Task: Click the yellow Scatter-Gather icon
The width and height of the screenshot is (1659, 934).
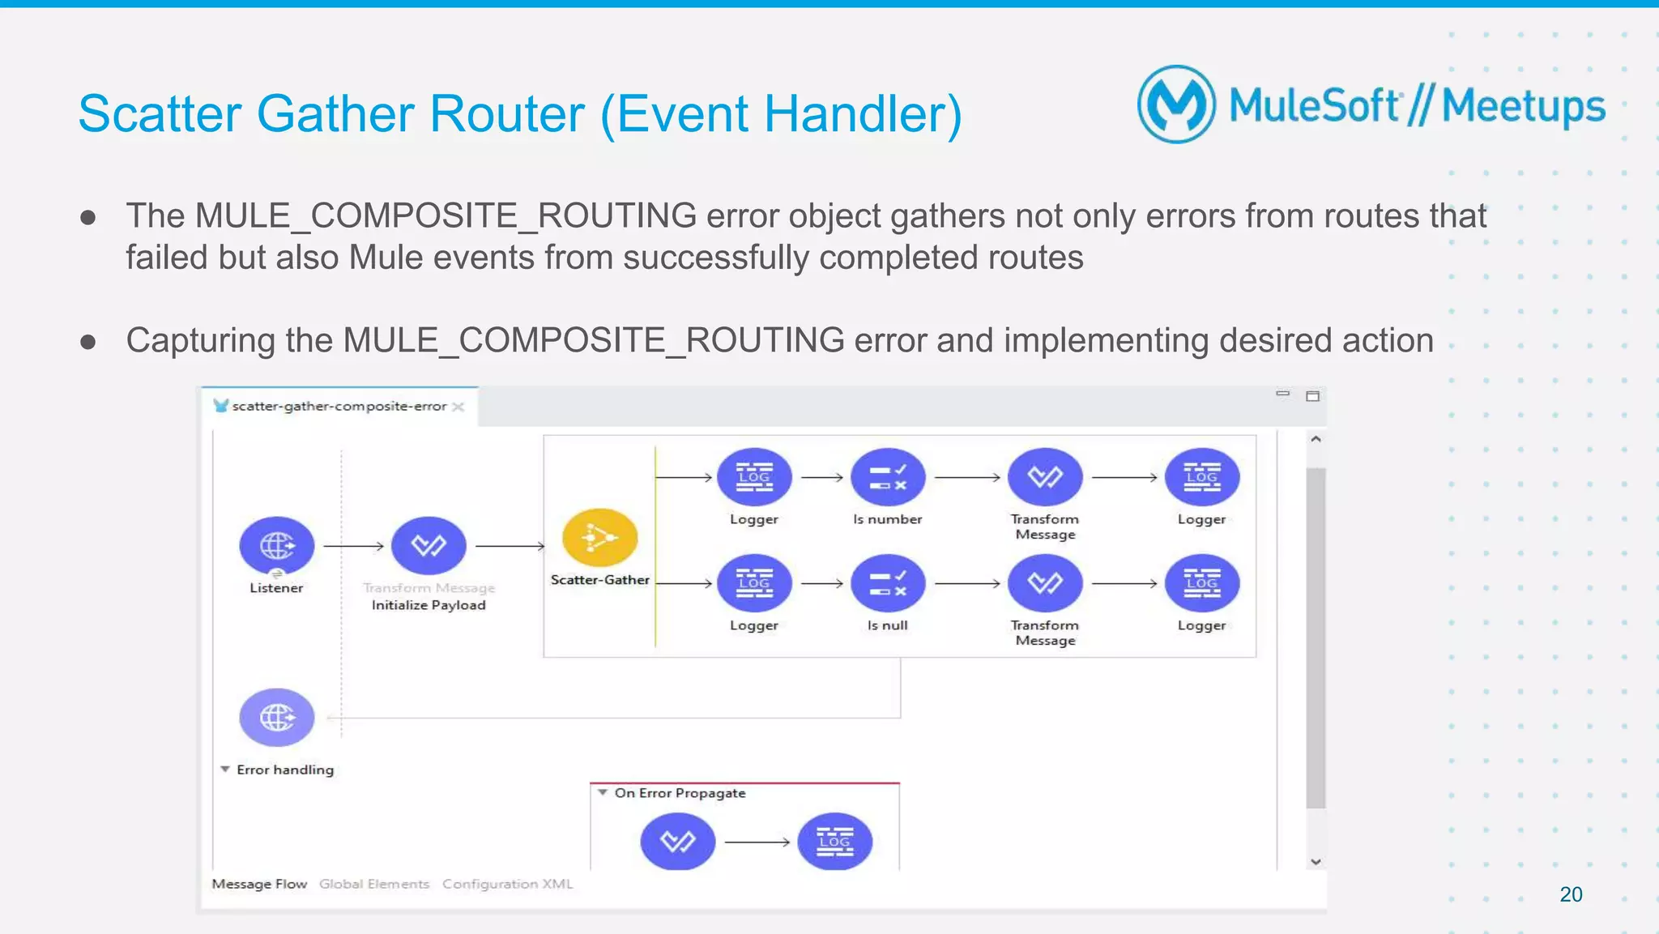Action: point(599,538)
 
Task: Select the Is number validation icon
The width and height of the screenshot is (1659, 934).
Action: point(887,477)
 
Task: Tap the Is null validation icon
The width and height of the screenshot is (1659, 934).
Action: point(887,583)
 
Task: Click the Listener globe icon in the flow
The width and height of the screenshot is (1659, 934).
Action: point(276,546)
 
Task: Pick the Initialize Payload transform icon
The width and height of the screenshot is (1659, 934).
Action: point(429,546)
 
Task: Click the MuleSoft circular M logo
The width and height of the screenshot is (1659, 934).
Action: point(1176,104)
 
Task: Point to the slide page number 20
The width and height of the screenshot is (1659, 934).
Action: point(1571,894)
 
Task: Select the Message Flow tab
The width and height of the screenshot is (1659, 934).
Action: point(259,884)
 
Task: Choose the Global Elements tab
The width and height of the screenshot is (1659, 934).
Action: point(373,884)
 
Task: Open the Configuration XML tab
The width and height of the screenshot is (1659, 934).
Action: point(507,884)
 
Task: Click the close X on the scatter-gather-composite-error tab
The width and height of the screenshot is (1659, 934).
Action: point(458,407)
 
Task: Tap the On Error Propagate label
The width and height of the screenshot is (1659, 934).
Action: point(680,793)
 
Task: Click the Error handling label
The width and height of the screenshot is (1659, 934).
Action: point(284,770)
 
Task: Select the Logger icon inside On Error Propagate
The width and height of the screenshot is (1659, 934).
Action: point(834,842)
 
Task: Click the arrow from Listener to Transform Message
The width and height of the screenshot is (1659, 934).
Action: point(353,547)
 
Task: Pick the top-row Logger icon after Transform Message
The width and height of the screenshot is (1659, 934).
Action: point(1201,477)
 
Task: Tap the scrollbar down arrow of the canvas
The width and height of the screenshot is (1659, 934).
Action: point(1316,862)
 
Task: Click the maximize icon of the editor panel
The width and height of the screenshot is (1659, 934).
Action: point(1312,396)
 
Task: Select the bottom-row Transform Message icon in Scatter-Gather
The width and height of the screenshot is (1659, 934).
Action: point(1045,583)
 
